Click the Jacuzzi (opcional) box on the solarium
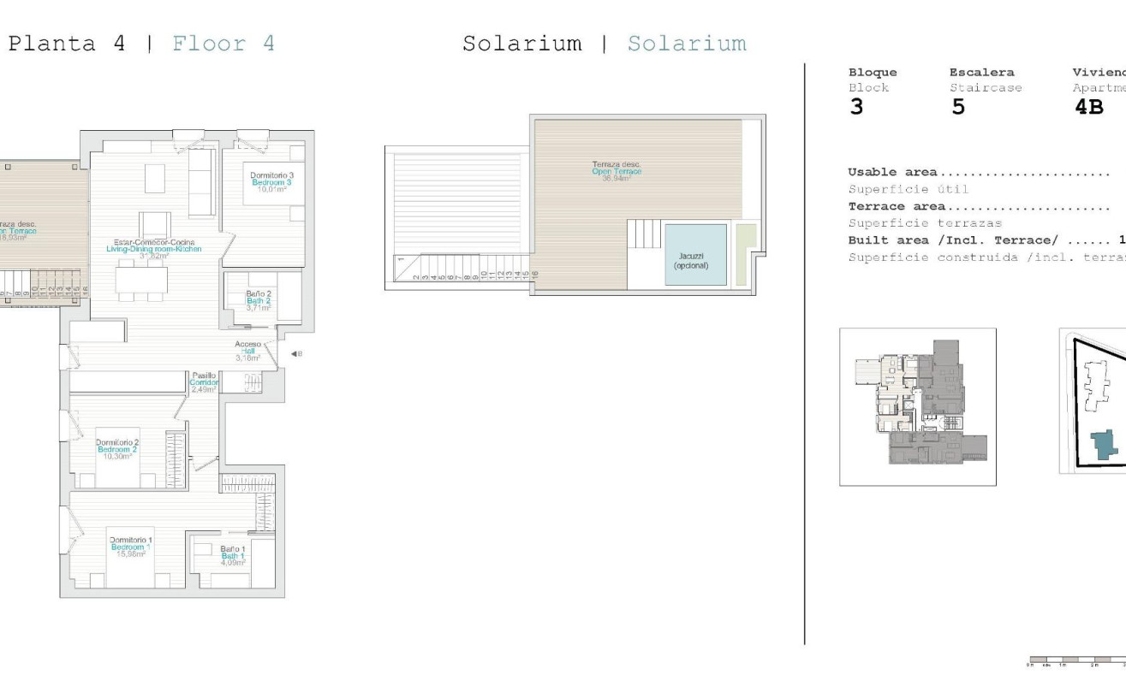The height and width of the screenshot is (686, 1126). pyautogui.click(x=695, y=255)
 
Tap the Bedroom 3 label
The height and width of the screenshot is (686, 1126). pyautogui.click(x=271, y=182)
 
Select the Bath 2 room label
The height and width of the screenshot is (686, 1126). pyautogui.click(x=258, y=299)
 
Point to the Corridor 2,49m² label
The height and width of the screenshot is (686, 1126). pyautogui.click(x=204, y=382)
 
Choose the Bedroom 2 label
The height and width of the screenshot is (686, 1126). pyautogui.click(x=117, y=449)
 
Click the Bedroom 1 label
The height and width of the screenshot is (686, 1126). pyautogui.click(x=131, y=547)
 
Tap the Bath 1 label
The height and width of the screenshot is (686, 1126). pyautogui.click(x=232, y=556)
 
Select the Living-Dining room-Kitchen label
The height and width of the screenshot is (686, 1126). pyautogui.click(x=154, y=249)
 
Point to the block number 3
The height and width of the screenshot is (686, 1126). pyautogui.click(x=856, y=108)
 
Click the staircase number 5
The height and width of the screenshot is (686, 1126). pyautogui.click(x=958, y=108)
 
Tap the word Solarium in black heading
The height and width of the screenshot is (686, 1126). pyautogui.click(x=521, y=44)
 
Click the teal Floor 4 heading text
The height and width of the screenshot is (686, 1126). pyautogui.click(x=223, y=44)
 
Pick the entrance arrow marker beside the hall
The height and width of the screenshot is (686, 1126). pyautogui.click(x=294, y=353)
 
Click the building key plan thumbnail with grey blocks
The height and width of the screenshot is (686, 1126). pyautogui.click(x=917, y=406)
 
